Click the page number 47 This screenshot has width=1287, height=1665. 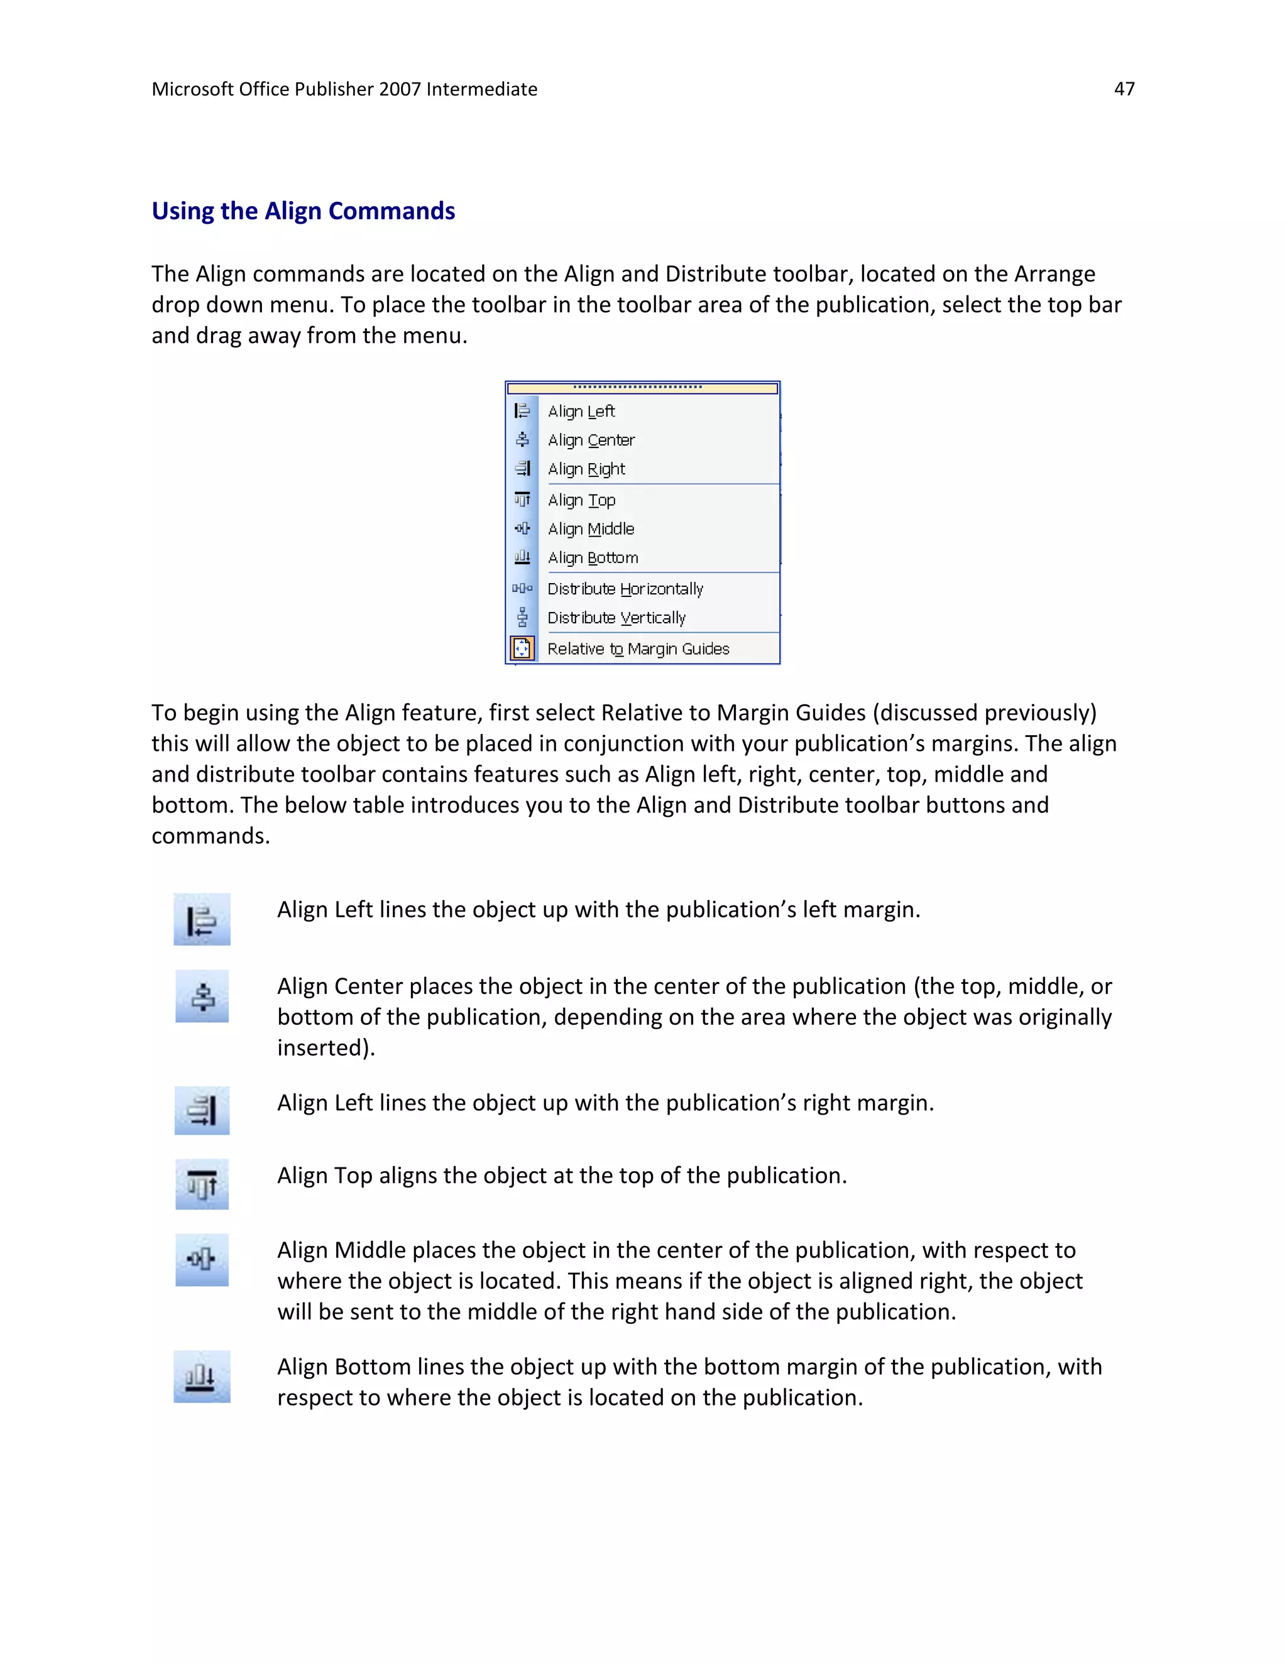tap(1124, 89)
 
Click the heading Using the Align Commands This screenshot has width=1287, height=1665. tap(303, 210)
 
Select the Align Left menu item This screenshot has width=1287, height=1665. tap(581, 412)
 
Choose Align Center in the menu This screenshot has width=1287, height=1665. tap(591, 440)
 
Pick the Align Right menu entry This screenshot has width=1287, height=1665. tap(586, 469)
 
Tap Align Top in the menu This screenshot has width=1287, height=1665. tap(581, 501)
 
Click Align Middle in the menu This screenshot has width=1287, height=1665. tap(591, 529)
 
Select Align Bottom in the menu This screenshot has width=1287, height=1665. tap(593, 558)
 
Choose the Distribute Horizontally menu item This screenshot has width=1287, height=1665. tap(625, 589)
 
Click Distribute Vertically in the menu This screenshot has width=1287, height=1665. tap(616, 618)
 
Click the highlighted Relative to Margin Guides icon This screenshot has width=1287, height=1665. tap(522, 649)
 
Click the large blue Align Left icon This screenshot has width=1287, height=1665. tap(202, 919)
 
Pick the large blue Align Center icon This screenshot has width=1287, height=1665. tap(202, 996)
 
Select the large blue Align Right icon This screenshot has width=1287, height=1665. tap(202, 1111)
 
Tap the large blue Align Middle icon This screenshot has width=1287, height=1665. tap(202, 1259)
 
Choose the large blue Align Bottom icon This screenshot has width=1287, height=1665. tap(202, 1377)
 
